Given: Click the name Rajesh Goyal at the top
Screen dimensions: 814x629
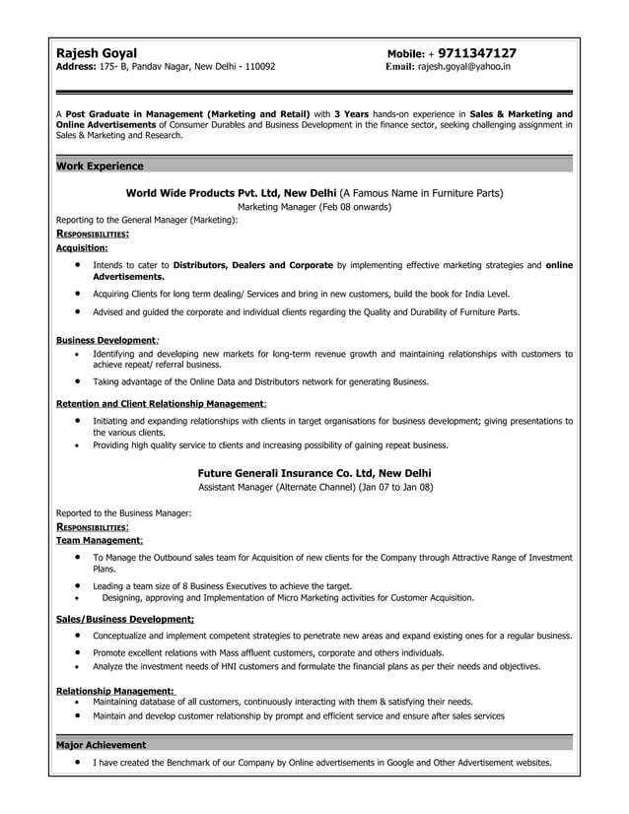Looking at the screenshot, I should pyautogui.click(x=97, y=52).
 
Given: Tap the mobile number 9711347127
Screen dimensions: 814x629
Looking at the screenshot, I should pyautogui.click(x=477, y=52).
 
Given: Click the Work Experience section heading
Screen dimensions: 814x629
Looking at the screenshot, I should pyautogui.click(x=100, y=167).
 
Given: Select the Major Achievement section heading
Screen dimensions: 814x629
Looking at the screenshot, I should pyautogui.click(x=101, y=745).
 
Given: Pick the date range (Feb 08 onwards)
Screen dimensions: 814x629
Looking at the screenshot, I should pyautogui.click(x=352, y=208).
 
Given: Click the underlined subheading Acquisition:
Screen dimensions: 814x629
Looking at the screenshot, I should pyautogui.click(x=82, y=249).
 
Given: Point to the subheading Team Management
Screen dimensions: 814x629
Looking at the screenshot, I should pyautogui.click(x=99, y=541).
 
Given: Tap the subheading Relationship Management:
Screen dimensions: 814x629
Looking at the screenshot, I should pyautogui.click(x=115, y=691).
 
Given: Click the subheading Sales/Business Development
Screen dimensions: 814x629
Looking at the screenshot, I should pyautogui.click(x=124, y=620).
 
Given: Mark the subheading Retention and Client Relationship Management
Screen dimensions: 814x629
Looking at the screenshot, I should pyautogui.click(x=160, y=404).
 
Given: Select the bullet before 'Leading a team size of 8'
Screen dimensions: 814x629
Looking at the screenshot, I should pyautogui.click(x=78, y=585).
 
